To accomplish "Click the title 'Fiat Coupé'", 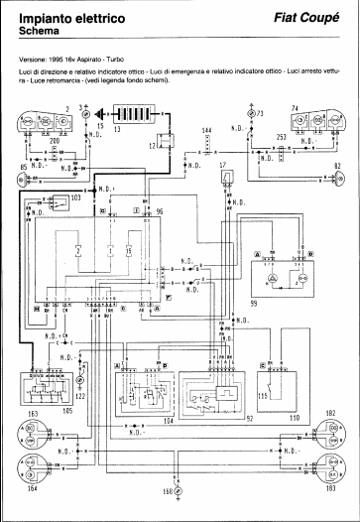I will tap(308, 18).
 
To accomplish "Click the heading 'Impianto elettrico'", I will tap(67, 17).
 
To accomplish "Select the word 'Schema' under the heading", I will tap(39, 32).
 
